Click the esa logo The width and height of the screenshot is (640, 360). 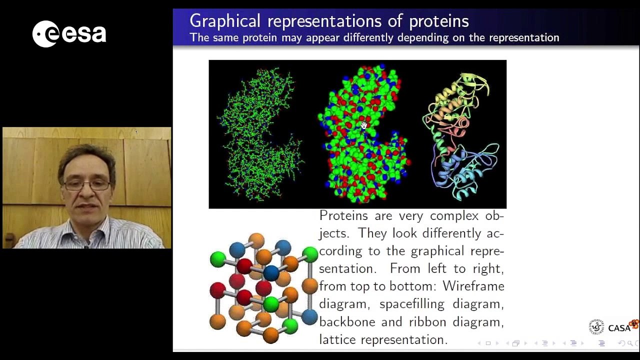[x=69, y=34]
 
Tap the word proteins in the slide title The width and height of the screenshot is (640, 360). [x=438, y=21]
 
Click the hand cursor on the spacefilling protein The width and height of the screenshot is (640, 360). [x=363, y=125]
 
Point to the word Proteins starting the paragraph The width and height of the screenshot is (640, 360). [x=342, y=216]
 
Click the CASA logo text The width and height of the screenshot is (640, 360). [x=619, y=328]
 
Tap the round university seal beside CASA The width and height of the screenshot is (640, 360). [x=596, y=327]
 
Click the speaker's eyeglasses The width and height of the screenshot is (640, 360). [x=87, y=185]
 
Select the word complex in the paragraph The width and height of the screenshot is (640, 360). [x=455, y=216]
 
